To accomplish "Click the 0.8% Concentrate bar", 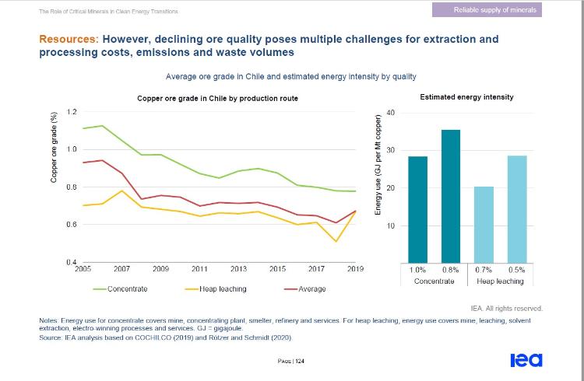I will click(x=450, y=197).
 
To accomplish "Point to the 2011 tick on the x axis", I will click(x=199, y=269).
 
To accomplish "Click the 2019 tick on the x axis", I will click(x=356, y=269).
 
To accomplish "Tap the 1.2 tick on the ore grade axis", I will click(x=72, y=112).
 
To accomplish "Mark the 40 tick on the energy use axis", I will click(x=390, y=114).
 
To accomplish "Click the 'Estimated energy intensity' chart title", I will click(x=466, y=97).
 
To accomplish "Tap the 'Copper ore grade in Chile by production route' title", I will click(x=217, y=98).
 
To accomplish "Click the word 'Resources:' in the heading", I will click(x=68, y=38).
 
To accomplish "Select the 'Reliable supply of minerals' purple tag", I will click(x=487, y=10).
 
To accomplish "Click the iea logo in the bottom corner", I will click(x=526, y=360).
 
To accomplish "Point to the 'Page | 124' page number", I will click(x=291, y=361).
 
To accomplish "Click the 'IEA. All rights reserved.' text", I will click(x=507, y=309).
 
